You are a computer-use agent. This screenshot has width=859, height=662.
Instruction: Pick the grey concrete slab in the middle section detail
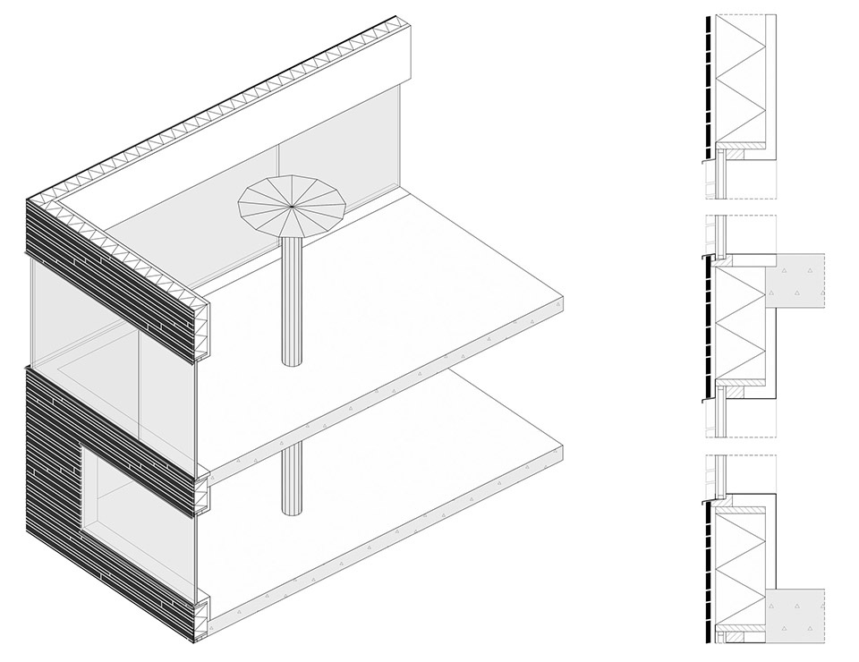pos(795,287)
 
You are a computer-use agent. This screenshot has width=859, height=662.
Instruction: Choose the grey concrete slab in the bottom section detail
pos(795,617)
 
